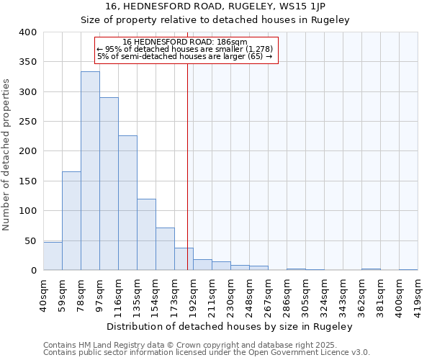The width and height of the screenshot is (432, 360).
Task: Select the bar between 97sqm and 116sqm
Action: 109,184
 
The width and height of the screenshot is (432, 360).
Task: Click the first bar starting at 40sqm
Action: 53,256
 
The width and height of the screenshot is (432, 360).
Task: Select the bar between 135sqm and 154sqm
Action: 146,235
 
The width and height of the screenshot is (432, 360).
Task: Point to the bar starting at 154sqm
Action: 165,249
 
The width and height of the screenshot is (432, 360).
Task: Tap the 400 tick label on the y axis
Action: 27,32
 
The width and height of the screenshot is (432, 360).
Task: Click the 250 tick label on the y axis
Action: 27,122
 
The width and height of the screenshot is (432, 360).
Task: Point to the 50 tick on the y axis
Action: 30,240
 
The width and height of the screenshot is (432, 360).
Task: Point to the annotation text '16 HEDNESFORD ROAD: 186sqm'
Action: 185,42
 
